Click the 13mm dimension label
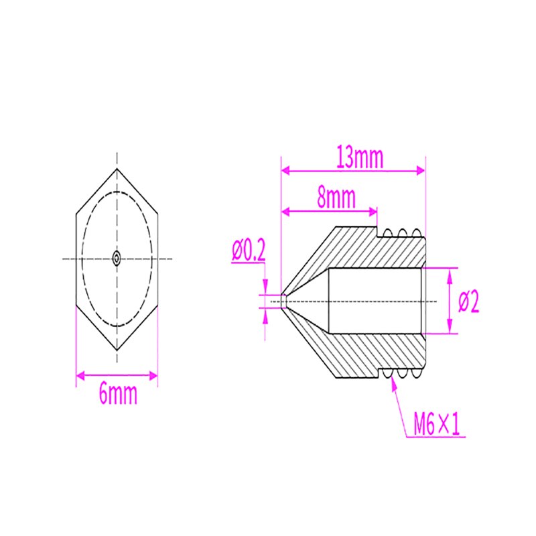pos(360,158)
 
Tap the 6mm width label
pos(118,394)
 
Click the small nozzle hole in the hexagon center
pos(117,258)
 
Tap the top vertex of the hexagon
pos(117,168)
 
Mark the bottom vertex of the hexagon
pos(117,350)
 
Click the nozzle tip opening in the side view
pos(283,301)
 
